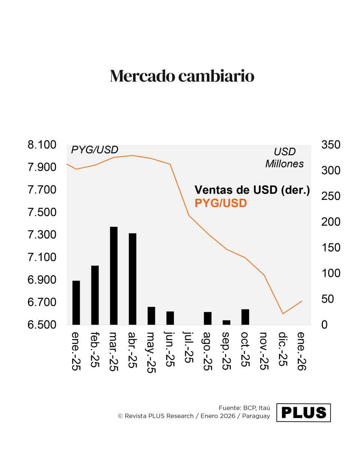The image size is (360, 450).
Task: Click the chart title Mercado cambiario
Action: [182, 76]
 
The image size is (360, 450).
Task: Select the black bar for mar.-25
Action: [114, 276]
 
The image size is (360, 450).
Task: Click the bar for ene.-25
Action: [76, 302]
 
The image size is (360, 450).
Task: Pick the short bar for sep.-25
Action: [226, 322]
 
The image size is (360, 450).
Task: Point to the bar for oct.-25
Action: [245, 317]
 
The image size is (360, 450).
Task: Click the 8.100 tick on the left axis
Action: [42, 145]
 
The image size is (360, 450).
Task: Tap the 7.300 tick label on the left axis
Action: [42, 235]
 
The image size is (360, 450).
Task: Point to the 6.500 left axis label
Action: [42, 325]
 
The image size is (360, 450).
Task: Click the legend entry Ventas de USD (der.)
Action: [252, 190]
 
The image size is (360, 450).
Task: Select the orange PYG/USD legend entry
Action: [220, 204]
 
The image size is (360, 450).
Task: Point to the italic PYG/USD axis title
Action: [94, 150]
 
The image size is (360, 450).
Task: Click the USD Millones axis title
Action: [285, 158]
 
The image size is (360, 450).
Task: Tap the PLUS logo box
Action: [303, 412]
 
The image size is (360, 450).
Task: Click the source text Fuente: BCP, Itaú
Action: [244, 408]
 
